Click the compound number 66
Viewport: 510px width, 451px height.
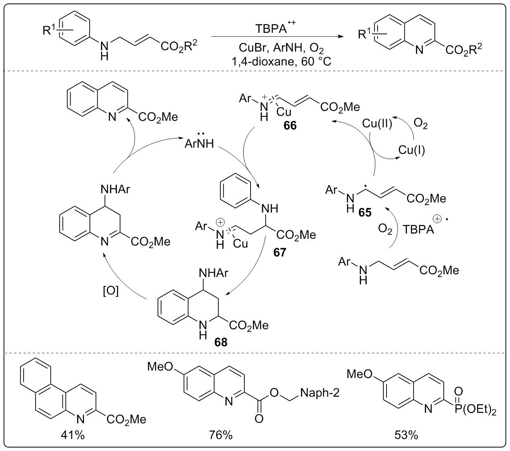(x=290, y=126)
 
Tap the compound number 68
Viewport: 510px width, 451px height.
(x=222, y=342)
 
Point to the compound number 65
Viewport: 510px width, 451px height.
(x=364, y=212)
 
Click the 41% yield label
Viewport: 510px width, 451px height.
(x=73, y=435)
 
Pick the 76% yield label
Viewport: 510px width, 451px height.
(x=221, y=435)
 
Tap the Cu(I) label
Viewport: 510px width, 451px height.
(x=412, y=150)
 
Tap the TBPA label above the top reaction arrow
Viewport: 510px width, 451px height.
(x=271, y=29)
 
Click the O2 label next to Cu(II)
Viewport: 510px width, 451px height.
(x=421, y=125)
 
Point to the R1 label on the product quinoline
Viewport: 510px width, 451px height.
(x=364, y=34)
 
